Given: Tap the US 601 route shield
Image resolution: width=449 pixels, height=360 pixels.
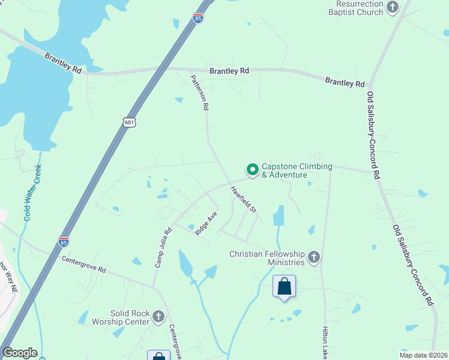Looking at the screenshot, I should pyautogui.click(x=130, y=122).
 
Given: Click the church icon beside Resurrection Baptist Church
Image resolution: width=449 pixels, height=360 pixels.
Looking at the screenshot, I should pyautogui.click(x=393, y=8).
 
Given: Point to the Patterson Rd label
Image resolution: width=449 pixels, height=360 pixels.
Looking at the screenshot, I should pyautogui.click(x=199, y=92).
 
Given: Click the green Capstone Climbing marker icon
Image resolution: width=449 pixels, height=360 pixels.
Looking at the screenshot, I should pyautogui.click(x=253, y=170).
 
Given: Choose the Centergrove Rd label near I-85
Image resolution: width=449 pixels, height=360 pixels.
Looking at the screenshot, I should pyautogui.click(x=84, y=264).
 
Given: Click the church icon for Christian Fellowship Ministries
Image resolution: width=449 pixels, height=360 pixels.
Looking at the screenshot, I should pyautogui.click(x=313, y=258).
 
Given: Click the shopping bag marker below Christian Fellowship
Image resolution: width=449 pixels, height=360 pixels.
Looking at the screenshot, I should pyautogui.click(x=285, y=286).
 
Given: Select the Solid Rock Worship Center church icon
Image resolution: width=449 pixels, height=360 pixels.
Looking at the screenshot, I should pyautogui.click(x=158, y=316).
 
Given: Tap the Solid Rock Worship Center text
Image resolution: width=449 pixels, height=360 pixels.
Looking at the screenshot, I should pyautogui.click(x=129, y=317).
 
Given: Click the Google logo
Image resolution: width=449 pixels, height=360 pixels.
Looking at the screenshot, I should pyautogui.click(x=20, y=353).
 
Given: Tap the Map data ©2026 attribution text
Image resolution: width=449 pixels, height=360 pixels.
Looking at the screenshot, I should pyautogui.click(x=423, y=355).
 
